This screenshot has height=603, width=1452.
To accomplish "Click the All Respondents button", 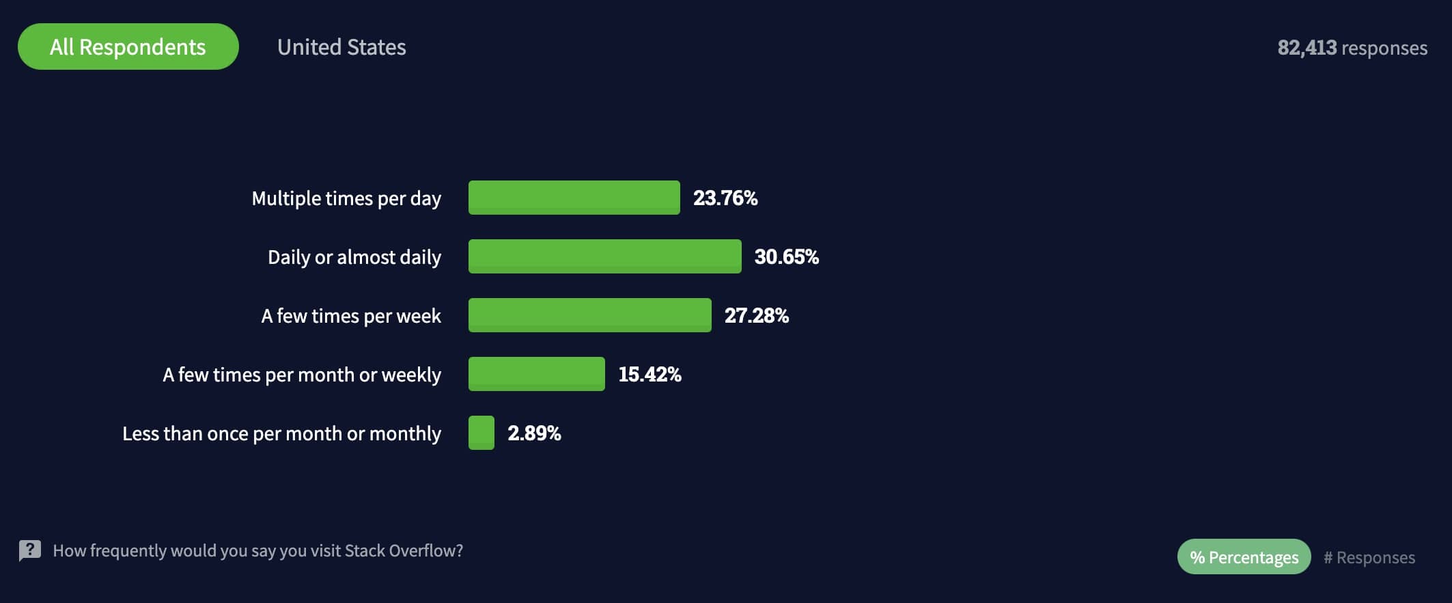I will (x=128, y=46).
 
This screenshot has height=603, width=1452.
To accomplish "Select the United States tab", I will (x=341, y=47).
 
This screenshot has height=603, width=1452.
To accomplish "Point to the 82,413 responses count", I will (x=1352, y=48).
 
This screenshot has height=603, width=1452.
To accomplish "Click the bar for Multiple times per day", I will (x=574, y=198).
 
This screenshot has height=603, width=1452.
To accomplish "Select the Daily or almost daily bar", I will (x=604, y=256).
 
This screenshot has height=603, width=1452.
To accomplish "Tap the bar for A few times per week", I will (x=589, y=315).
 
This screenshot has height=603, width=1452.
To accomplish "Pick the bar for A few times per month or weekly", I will (x=536, y=374).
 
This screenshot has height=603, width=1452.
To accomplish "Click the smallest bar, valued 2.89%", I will (x=481, y=433).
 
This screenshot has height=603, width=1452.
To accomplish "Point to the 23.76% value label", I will (x=725, y=198).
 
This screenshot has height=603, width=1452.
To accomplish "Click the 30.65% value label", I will (x=786, y=257).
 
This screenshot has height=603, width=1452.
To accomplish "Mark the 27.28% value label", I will (x=756, y=316).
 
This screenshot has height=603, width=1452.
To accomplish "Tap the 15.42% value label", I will (x=650, y=375).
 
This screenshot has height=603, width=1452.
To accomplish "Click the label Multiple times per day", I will (x=346, y=198).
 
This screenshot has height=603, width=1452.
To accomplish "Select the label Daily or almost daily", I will (x=354, y=257).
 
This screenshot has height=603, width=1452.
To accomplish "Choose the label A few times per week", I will (x=350, y=316).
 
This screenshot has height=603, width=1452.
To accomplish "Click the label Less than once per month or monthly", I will (x=281, y=433).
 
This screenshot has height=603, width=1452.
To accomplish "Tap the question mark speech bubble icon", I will (x=30, y=550).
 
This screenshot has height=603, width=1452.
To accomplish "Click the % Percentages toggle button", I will (x=1244, y=557).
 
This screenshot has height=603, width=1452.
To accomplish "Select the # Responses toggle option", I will (x=1369, y=558).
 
